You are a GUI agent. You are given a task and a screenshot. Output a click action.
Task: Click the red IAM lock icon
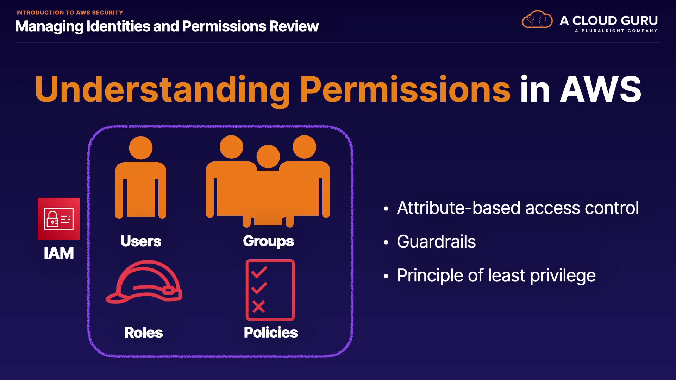coord(59,219)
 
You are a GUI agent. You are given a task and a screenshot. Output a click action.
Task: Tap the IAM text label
coord(59,253)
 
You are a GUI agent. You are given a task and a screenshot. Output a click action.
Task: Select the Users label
coord(141,241)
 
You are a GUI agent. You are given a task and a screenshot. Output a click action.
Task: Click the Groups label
coord(268,241)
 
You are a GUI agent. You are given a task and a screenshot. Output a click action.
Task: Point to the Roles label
coord(144,332)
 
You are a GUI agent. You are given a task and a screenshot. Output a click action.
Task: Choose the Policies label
coord(271,332)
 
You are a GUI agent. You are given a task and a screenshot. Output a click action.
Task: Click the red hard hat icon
coord(144,281)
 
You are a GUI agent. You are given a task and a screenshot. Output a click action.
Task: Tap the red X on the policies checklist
coord(258,306)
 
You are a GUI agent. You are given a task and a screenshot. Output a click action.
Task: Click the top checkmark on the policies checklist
coord(259,272)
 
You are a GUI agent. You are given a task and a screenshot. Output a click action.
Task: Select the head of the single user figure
coord(141,148)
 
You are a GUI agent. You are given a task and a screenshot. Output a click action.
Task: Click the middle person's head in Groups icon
coord(268,157)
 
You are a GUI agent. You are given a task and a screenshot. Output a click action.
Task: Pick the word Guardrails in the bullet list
coord(436,242)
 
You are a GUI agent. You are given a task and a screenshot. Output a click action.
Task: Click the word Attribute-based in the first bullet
coord(459,208)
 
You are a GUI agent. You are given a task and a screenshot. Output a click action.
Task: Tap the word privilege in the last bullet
coord(563,276)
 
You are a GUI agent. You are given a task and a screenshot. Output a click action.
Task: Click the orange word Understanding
coord(162,90)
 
